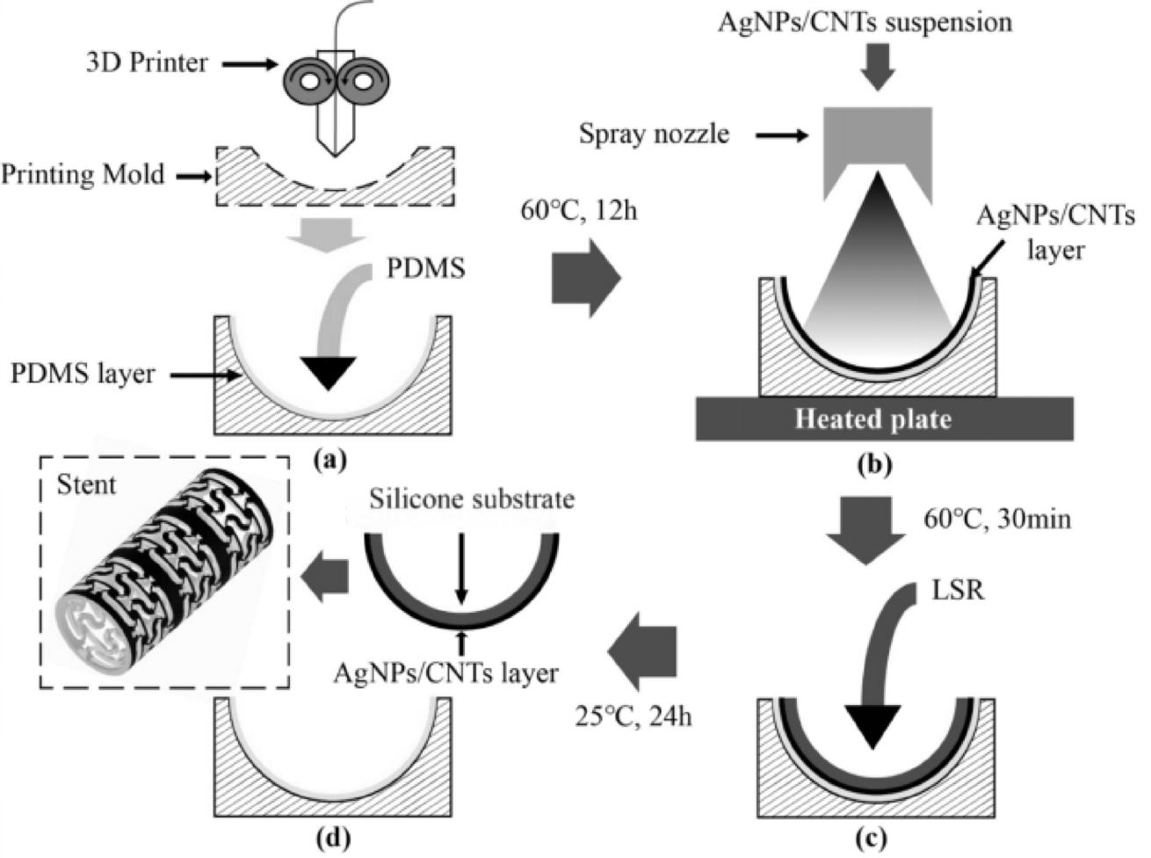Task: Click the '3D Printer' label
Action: click(148, 63)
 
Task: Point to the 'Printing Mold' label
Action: click(83, 175)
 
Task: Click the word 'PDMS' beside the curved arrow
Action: click(425, 269)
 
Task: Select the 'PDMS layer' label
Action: click(83, 374)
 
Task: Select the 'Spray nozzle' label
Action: click(655, 134)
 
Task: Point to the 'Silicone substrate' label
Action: click(472, 499)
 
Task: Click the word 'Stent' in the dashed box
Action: click(86, 484)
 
